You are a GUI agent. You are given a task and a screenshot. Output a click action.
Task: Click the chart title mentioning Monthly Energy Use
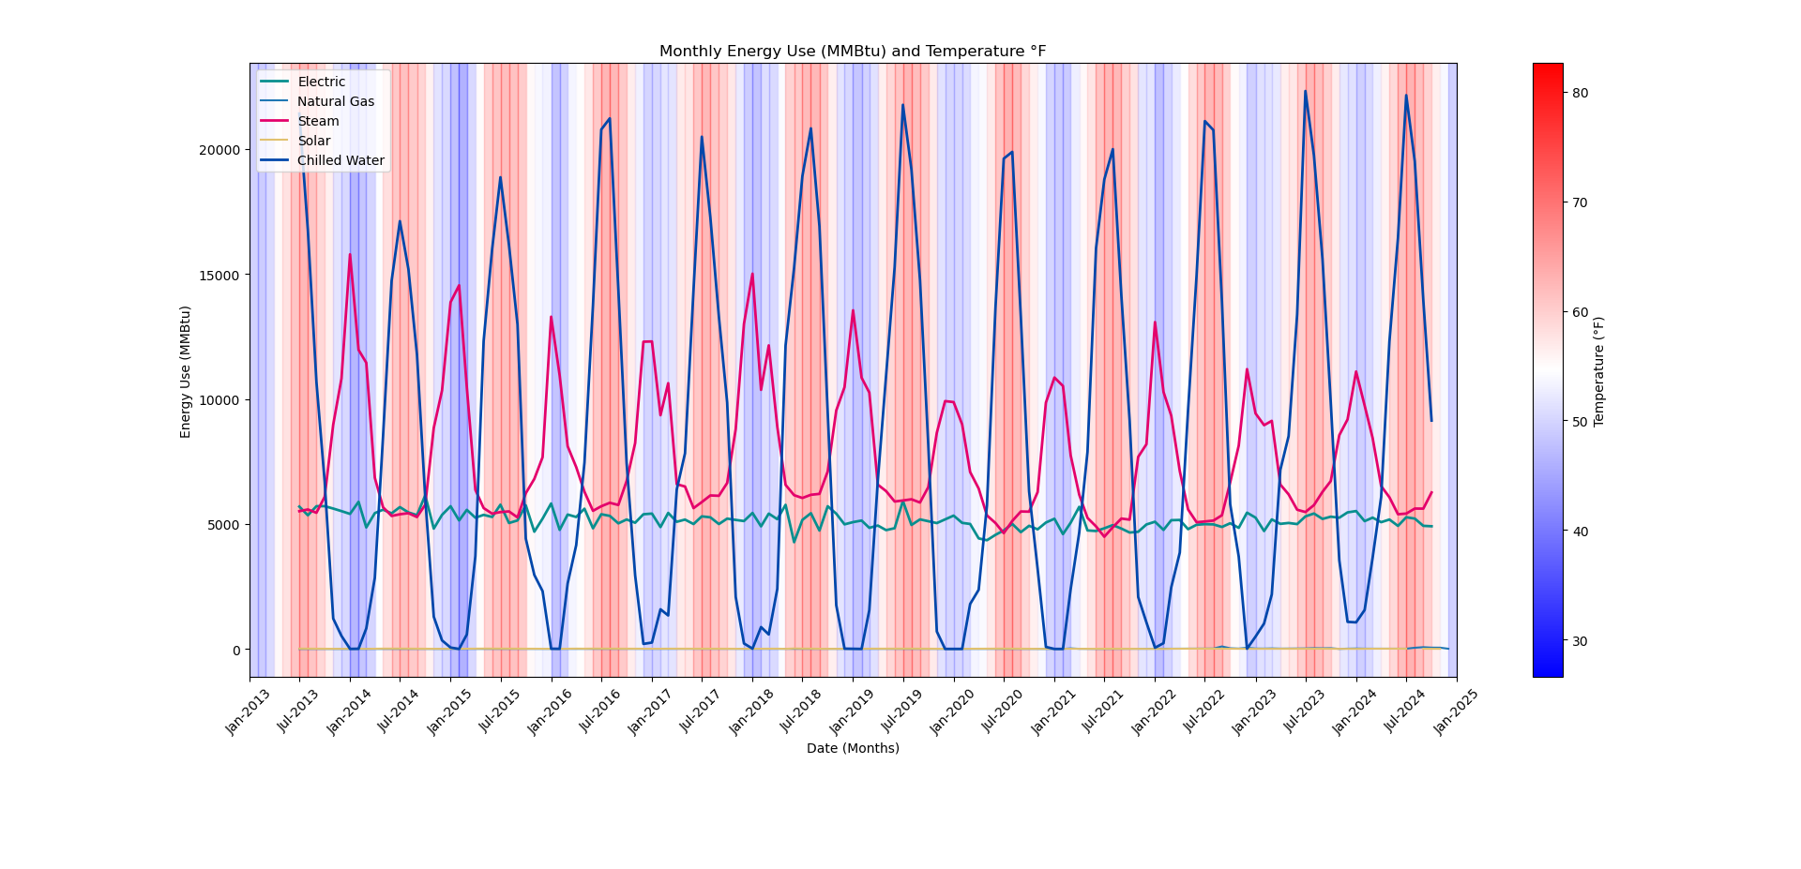tap(852, 52)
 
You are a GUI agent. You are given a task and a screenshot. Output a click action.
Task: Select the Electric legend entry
tap(321, 82)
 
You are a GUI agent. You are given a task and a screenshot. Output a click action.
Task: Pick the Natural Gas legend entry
tap(335, 102)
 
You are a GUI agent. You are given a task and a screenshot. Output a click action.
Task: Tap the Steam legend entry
tap(318, 122)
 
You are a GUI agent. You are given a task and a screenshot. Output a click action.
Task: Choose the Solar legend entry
tap(313, 142)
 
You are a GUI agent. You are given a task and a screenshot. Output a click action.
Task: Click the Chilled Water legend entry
tap(341, 161)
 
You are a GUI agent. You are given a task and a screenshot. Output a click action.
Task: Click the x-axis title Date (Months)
tap(853, 748)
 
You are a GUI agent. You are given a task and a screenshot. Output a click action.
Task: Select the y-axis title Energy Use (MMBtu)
tap(186, 371)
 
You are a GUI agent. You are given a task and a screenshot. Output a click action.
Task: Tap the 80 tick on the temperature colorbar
tap(1580, 93)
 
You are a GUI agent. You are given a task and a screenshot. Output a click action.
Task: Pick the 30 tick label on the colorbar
tap(1580, 641)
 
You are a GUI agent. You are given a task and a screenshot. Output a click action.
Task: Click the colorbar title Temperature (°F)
tap(1599, 371)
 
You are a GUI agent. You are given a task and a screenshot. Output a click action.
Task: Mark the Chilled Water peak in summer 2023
tap(1305, 91)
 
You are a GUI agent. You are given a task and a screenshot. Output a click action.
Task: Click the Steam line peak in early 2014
tap(350, 254)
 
